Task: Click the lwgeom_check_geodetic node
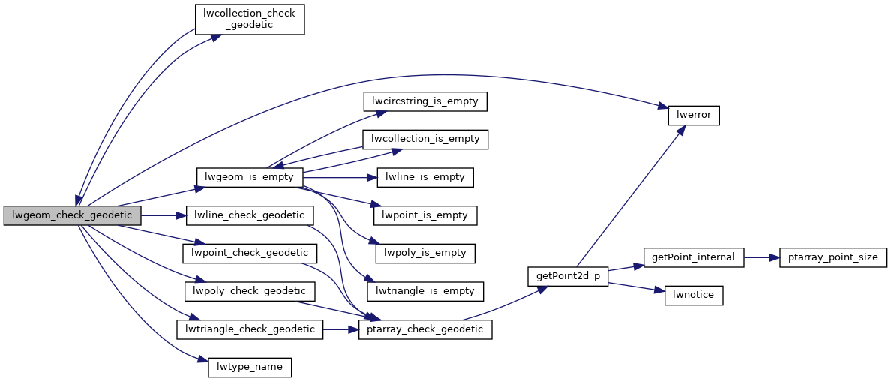[72, 215]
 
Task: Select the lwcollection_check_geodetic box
[250, 20]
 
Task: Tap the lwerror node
[694, 116]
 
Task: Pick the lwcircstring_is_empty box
[426, 101]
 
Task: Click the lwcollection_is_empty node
[426, 139]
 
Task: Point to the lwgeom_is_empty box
[250, 177]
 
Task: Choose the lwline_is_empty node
[426, 177]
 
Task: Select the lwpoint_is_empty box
[426, 215]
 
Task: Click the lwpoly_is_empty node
[426, 253]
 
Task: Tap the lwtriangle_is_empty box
[426, 290]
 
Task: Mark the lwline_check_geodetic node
[250, 215]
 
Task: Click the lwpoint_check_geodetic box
[250, 253]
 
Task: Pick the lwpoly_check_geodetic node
[250, 290]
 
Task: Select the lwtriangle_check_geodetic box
[250, 329]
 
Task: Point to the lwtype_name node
[250, 367]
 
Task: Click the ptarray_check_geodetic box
[426, 329]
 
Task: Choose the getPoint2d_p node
[568, 275]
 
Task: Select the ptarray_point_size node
[833, 257]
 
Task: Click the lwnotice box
[694, 295]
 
